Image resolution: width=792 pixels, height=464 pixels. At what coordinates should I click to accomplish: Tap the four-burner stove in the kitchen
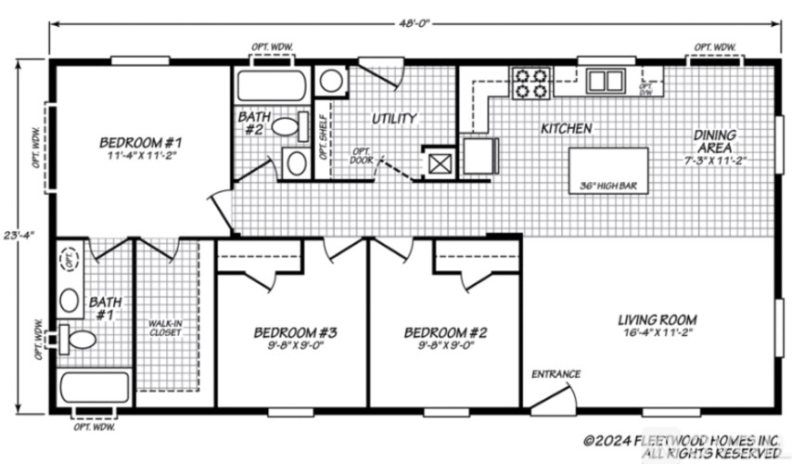pyautogui.click(x=530, y=84)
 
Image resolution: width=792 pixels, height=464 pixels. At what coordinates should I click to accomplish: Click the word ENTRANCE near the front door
pyautogui.click(x=556, y=374)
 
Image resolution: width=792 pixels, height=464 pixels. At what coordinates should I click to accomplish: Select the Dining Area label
pyautogui.click(x=714, y=141)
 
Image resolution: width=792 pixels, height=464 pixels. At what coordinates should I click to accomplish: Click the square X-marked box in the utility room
pyautogui.click(x=438, y=163)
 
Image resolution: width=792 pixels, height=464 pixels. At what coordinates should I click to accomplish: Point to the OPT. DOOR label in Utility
pyautogui.click(x=360, y=154)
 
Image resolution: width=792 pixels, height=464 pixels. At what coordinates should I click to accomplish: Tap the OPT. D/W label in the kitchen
pyautogui.click(x=646, y=89)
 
